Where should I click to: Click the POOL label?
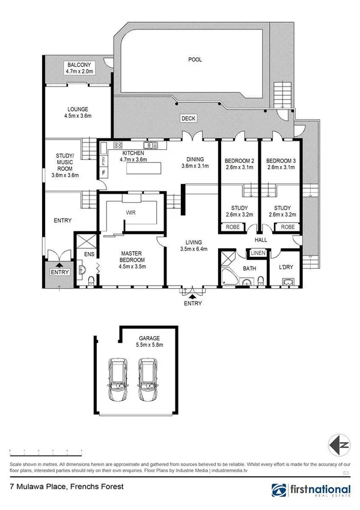tap(195, 60)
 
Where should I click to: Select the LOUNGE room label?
tap(78, 109)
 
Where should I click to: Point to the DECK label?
tap(188, 119)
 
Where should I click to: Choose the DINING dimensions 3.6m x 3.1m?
tap(195, 166)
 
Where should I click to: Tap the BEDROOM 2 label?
tap(239, 161)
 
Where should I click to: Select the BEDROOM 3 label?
tap(281, 161)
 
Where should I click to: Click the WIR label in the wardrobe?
tap(130, 212)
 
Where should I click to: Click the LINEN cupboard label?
tap(258, 253)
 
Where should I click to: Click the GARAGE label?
tap(149, 339)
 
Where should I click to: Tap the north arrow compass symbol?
tap(338, 444)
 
